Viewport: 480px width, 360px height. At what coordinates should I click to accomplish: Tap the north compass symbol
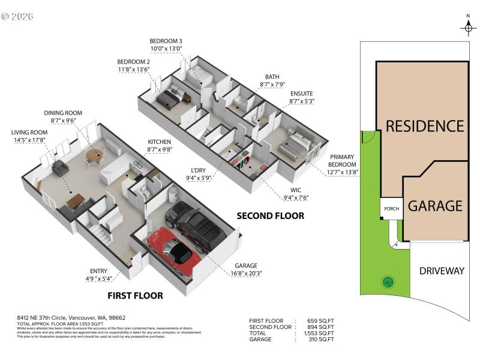[x=468, y=27]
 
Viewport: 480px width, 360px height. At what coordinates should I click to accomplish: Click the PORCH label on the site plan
[x=391, y=209]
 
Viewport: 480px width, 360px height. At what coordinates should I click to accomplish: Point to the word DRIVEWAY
[x=441, y=271]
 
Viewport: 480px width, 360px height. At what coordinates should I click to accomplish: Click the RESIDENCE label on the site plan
[x=424, y=126]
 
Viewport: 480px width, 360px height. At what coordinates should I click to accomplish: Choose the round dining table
[x=94, y=155]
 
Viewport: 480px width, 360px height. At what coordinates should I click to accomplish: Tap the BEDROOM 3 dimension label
[x=166, y=45]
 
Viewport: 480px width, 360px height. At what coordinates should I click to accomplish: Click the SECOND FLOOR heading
[x=270, y=215]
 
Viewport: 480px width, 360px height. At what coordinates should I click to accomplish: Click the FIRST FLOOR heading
[x=135, y=295]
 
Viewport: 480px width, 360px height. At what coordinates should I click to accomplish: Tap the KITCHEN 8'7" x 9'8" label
[x=160, y=145]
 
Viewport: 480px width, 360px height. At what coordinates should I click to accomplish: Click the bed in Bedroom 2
[x=169, y=96]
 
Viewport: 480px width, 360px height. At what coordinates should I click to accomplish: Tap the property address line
[x=71, y=318]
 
